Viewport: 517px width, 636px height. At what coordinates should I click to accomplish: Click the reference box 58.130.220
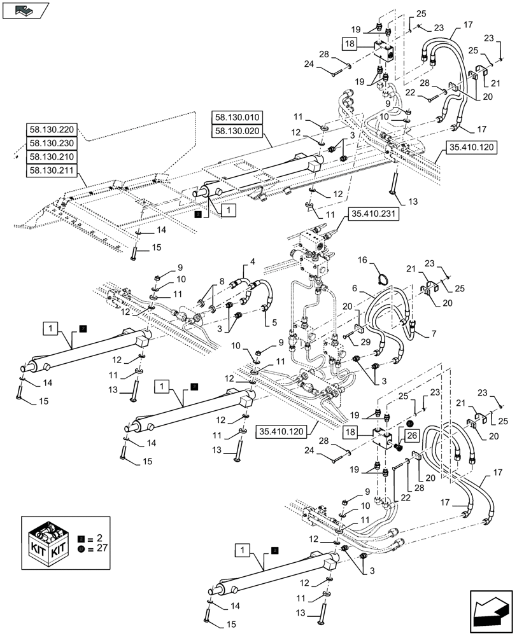[52, 129]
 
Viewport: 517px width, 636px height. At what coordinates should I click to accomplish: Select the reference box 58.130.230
[52, 143]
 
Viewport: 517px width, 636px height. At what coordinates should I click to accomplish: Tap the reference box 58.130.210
[52, 157]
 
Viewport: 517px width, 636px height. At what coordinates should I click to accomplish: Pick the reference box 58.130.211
[52, 170]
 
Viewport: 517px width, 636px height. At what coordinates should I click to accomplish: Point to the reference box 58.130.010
[237, 118]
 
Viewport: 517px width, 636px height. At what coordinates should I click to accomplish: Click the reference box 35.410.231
[372, 215]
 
